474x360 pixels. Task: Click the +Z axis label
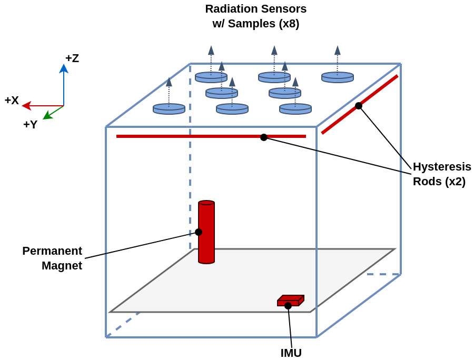tap(72, 58)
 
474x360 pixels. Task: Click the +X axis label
tap(12, 101)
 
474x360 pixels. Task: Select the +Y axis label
tap(30, 124)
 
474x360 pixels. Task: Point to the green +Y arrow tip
tap(43, 119)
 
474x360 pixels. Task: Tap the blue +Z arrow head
tap(64, 68)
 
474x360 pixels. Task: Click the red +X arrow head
tap(27, 106)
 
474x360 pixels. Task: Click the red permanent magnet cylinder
tap(206, 232)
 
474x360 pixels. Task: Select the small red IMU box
tap(291, 301)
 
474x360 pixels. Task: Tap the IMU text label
tap(291, 353)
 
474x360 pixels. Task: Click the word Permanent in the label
tap(52, 251)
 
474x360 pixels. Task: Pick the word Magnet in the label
tap(62, 265)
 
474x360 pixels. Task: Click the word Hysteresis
tap(442, 167)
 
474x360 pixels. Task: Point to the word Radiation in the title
tap(231, 9)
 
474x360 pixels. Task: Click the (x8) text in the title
tap(289, 24)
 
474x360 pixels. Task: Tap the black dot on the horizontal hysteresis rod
tap(264, 137)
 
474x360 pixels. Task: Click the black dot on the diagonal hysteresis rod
tap(359, 106)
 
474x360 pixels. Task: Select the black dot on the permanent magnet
tap(199, 232)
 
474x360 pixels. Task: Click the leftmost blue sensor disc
tap(169, 109)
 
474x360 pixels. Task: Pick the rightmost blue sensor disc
tap(338, 77)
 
